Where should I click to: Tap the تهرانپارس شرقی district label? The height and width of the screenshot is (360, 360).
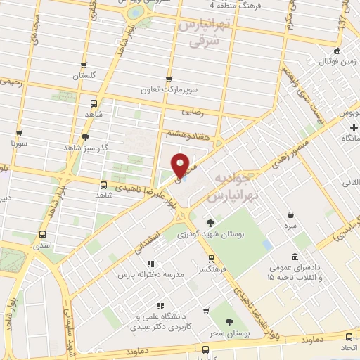(199, 33)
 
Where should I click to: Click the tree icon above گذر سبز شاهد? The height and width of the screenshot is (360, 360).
(86, 137)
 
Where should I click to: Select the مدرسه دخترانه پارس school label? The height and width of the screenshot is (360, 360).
(153, 274)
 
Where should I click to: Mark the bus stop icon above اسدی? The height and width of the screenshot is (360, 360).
(44, 235)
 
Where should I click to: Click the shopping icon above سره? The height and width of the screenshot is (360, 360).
(290, 216)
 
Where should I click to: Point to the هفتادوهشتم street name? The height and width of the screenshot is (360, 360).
(182, 131)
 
